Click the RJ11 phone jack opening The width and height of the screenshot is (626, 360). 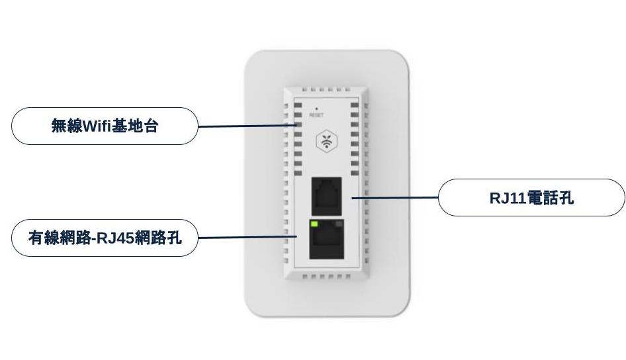pyautogui.click(x=327, y=197)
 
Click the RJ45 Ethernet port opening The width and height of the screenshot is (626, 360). pyautogui.click(x=327, y=239)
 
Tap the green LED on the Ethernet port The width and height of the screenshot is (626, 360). pyautogui.click(x=314, y=224)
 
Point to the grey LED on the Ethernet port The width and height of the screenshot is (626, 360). pyautogui.click(x=339, y=224)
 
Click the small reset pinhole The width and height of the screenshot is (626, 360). pyautogui.click(x=316, y=109)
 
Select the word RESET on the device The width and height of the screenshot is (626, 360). pyautogui.click(x=316, y=115)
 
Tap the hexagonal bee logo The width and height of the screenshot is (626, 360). pyautogui.click(x=327, y=141)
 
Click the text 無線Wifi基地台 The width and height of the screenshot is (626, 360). pyautogui.click(x=105, y=126)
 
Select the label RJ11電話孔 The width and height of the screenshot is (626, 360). pyautogui.click(x=532, y=198)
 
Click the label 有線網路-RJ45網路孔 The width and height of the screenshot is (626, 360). pyautogui.click(x=105, y=238)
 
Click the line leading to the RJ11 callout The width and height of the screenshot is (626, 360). pyautogui.click(x=395, y=198)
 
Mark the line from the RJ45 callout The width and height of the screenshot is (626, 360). pyautogui.click(x=247, y=238)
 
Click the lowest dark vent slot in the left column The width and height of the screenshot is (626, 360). pyautogui.click(x=298, y=173)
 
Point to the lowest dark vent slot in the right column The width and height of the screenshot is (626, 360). pyautogui.click(x=355, y=173)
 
